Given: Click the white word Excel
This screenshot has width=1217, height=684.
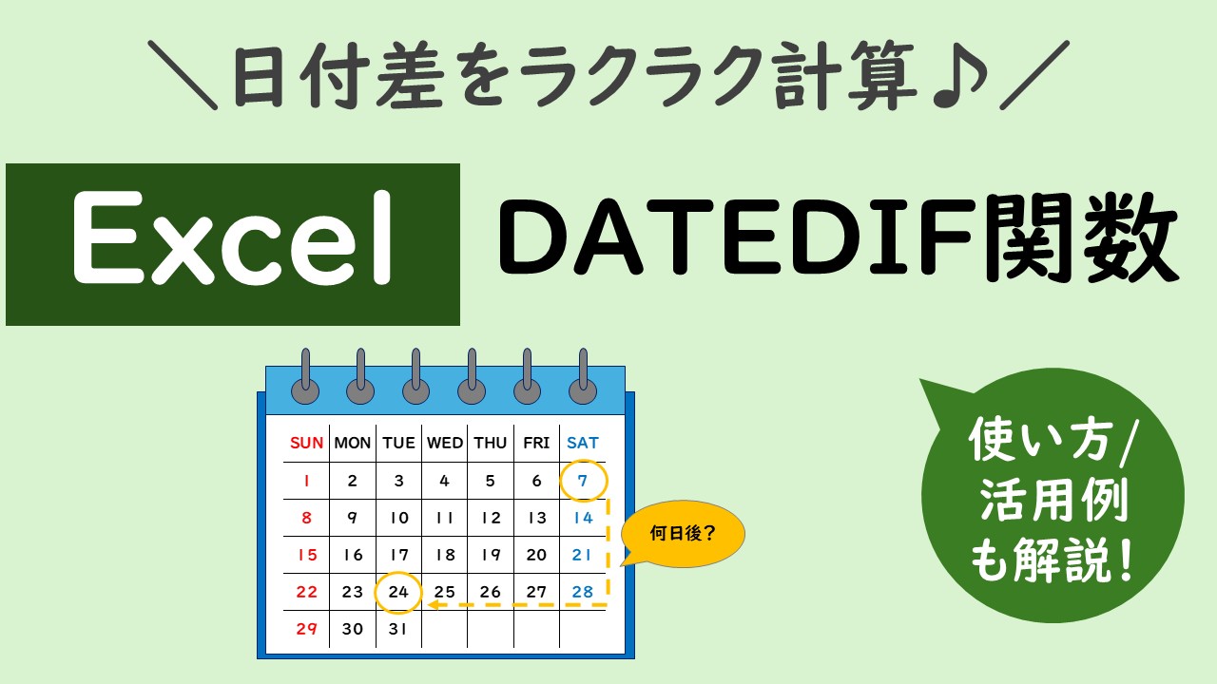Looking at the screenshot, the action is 232,237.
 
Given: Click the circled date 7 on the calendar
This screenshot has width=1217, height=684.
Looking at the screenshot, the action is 583,481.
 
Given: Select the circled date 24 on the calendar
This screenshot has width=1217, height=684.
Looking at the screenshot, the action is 398,592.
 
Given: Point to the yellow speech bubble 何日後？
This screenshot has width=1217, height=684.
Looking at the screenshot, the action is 683,534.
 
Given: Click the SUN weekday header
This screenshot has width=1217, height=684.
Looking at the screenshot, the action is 306,443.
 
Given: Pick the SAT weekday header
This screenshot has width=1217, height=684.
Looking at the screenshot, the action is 583,443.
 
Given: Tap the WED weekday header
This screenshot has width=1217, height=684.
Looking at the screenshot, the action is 444,443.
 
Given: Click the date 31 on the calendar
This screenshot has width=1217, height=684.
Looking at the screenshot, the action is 397,629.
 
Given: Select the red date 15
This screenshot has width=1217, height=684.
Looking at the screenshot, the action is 307,555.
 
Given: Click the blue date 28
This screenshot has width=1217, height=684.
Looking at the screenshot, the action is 583,592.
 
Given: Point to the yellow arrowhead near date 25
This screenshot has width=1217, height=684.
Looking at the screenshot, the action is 434,605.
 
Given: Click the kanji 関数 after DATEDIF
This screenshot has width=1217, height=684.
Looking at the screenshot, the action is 1081,237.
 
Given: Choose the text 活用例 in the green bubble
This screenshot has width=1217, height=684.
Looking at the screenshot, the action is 1054,500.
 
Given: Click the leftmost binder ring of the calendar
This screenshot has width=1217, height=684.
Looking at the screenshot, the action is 305,377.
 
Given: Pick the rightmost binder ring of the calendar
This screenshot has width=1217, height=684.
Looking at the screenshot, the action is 583,377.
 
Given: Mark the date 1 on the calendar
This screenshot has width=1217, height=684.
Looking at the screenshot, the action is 307,481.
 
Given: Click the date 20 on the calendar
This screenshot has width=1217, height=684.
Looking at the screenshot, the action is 536,555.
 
